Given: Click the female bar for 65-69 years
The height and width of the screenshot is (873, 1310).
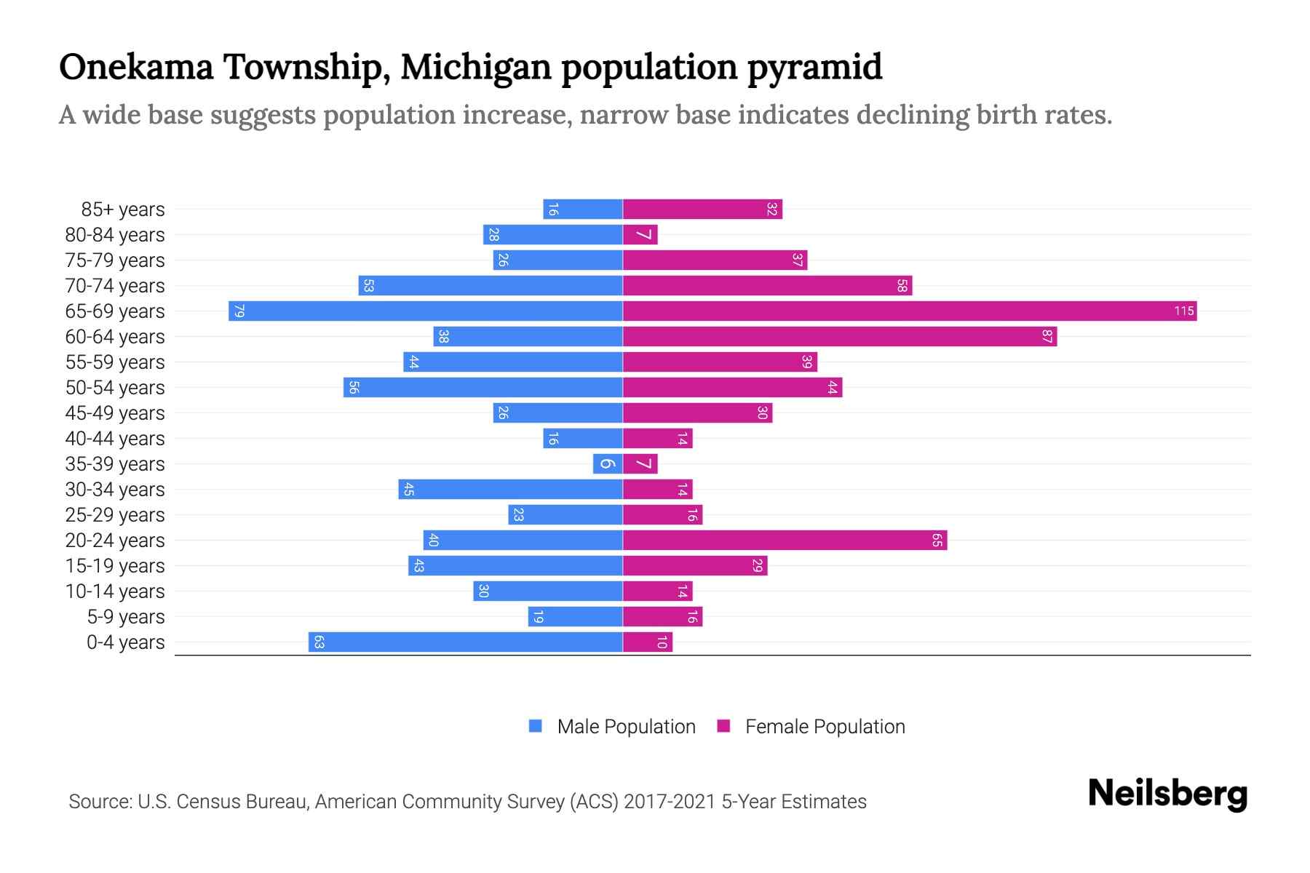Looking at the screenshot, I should (x=910, y=311).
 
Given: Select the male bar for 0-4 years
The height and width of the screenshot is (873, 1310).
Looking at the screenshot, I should (x=466, y=642).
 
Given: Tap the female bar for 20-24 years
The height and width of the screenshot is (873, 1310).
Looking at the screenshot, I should (x=785, y=541).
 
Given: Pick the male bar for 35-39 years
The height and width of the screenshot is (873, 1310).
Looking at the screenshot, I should (x=608, y=464).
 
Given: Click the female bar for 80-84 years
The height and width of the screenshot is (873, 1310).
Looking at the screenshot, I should (x=640, y=235).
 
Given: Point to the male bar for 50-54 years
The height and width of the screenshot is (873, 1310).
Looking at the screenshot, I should (x=483, y=388).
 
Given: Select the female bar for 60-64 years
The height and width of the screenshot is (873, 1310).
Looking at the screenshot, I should (x=840, y=337).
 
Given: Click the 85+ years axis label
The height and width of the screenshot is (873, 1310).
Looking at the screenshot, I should (x=123, y=210).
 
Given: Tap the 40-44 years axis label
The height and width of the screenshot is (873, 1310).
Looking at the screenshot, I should (x=115, y=439).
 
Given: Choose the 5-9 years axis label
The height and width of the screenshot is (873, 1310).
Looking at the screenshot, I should (x=126, y=617).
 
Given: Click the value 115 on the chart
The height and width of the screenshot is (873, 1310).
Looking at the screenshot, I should (x=1183, y=311).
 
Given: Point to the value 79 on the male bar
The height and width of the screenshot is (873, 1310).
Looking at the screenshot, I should (x=239, y=311).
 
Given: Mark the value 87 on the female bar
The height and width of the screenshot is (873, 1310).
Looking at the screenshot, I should (x=1047, y=337).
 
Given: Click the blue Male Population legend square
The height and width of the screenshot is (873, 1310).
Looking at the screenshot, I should (x=536, y=726).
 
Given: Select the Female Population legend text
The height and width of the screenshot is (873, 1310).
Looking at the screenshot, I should (x=825, y=727).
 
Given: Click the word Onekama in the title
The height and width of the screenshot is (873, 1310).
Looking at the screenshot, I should (x=136, y=67).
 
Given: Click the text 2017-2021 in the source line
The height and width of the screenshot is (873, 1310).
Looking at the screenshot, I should (x=669, y=802).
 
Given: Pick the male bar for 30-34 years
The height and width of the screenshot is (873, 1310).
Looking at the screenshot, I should (x=510, y=490).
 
